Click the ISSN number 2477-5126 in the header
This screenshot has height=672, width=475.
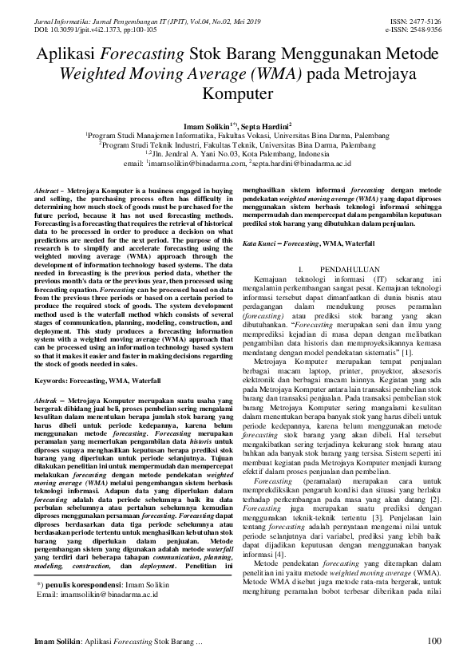tap(424, 20)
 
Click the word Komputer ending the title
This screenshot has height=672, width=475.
tap(237, 93)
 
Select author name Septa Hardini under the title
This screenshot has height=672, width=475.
tap(263, 126)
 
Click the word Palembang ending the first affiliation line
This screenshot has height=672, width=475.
tap(370, 136)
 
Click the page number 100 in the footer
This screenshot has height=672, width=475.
tap(434, 641)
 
